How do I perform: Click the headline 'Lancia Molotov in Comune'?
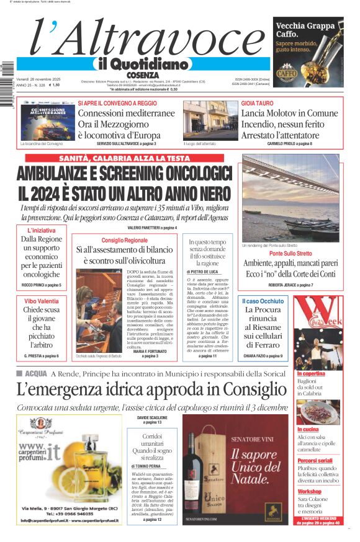coord(289,113)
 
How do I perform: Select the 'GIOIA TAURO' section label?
coord(256,103)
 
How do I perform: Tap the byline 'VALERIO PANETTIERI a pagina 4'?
coord(152,228)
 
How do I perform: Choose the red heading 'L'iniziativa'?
coord(42,231)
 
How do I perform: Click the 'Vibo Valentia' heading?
coord(42,300)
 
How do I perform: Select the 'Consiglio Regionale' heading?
coord(125,240)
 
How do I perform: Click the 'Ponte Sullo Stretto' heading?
coord(290,254)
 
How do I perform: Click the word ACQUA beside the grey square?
coord(36,373)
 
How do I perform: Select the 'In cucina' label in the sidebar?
coord(309,429)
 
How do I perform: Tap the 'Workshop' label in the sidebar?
coord(310,491)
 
